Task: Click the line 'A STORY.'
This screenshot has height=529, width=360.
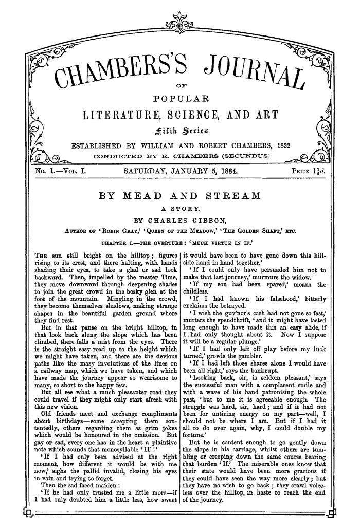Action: (179, 208)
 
